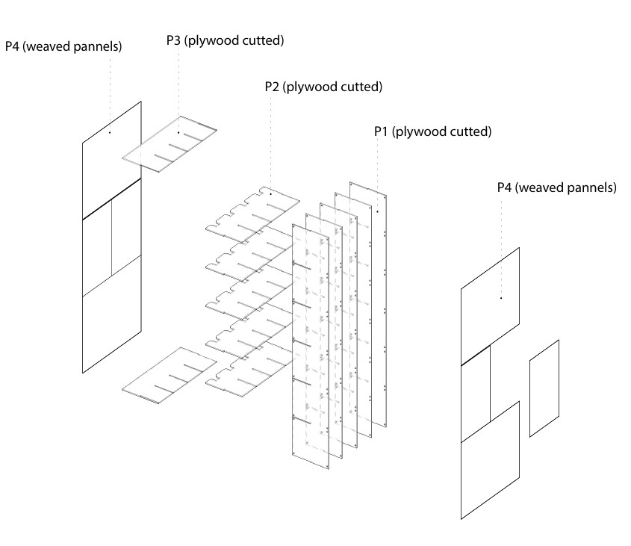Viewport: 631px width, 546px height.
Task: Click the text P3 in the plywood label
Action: click(x=175, y=40)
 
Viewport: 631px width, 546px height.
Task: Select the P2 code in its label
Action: click(x=273, y=87)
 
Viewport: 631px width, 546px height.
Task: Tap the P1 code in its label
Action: click(x=382, y=132)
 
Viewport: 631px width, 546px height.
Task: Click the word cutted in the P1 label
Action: click(x=470, y=132)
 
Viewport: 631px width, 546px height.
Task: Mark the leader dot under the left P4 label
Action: click(x=109, y=133)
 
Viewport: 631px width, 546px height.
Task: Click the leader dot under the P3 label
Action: click(x=178, y=133)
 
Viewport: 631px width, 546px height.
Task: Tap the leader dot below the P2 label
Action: click(x=270, y=194)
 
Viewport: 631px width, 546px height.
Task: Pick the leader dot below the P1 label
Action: click(x=378, y=212)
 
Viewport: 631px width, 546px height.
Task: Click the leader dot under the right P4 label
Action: click(x=500, y=298)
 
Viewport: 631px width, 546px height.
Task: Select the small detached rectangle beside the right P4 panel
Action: click(x=544, y=388)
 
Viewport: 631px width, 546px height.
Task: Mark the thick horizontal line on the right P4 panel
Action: click(x=475, y=356)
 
